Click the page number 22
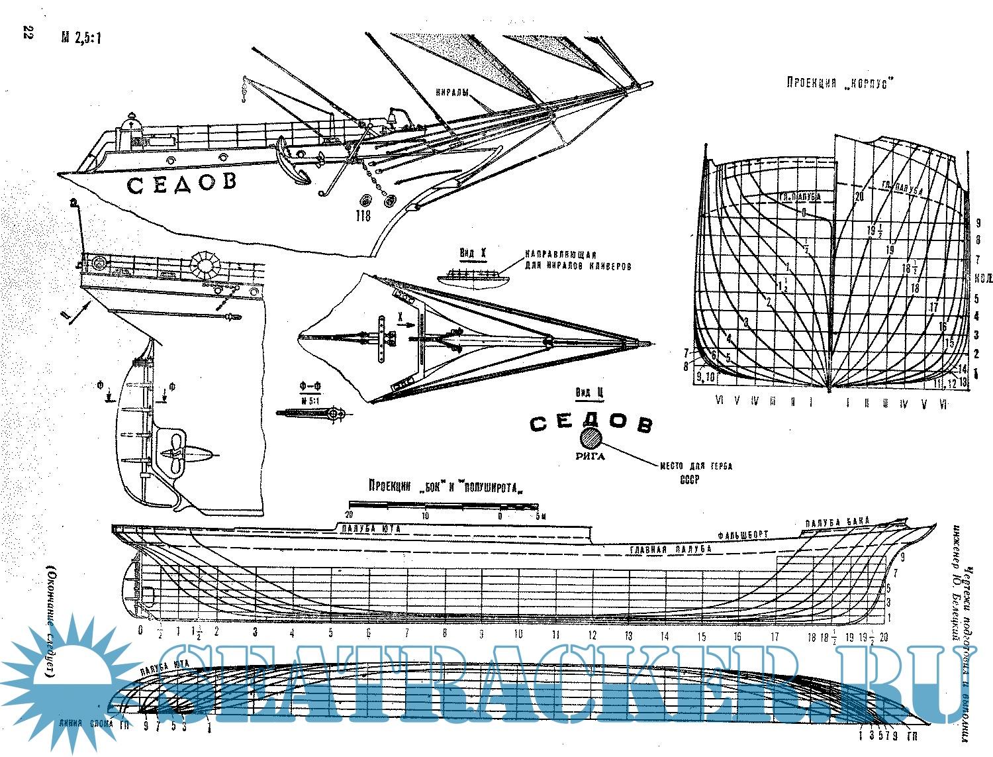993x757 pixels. click(27, 33)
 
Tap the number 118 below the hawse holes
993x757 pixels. click(363, 215)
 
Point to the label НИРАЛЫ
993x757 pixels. click(453, 93)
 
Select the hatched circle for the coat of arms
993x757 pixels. click(591, 438)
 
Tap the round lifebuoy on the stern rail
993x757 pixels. click(205, 266)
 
